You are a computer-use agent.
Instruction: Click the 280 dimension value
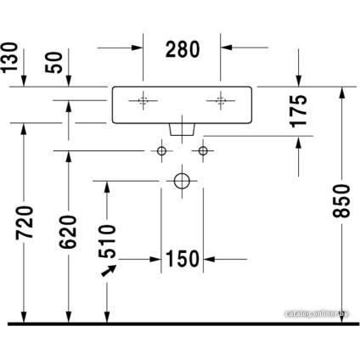click(183, 49)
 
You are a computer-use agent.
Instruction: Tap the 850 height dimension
click(341, 201)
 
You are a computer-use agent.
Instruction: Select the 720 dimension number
click(25, 223)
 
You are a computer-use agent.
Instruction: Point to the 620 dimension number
click(68, 232)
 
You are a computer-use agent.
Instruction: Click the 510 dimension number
click(107, 241)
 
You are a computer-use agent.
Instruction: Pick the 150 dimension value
click(183, 259)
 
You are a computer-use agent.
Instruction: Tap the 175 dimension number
click(299, 111)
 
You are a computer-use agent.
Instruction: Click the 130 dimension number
click(9, 58)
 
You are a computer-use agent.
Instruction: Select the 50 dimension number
click(53, 63)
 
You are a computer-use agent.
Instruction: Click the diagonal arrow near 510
click(109, 270)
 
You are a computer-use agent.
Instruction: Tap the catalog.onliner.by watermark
click(317, 313)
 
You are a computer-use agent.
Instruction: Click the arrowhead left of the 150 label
click(155, 259)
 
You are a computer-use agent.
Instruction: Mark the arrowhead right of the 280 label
click(227, 48)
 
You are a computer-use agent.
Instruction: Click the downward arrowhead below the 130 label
click(24, 81)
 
